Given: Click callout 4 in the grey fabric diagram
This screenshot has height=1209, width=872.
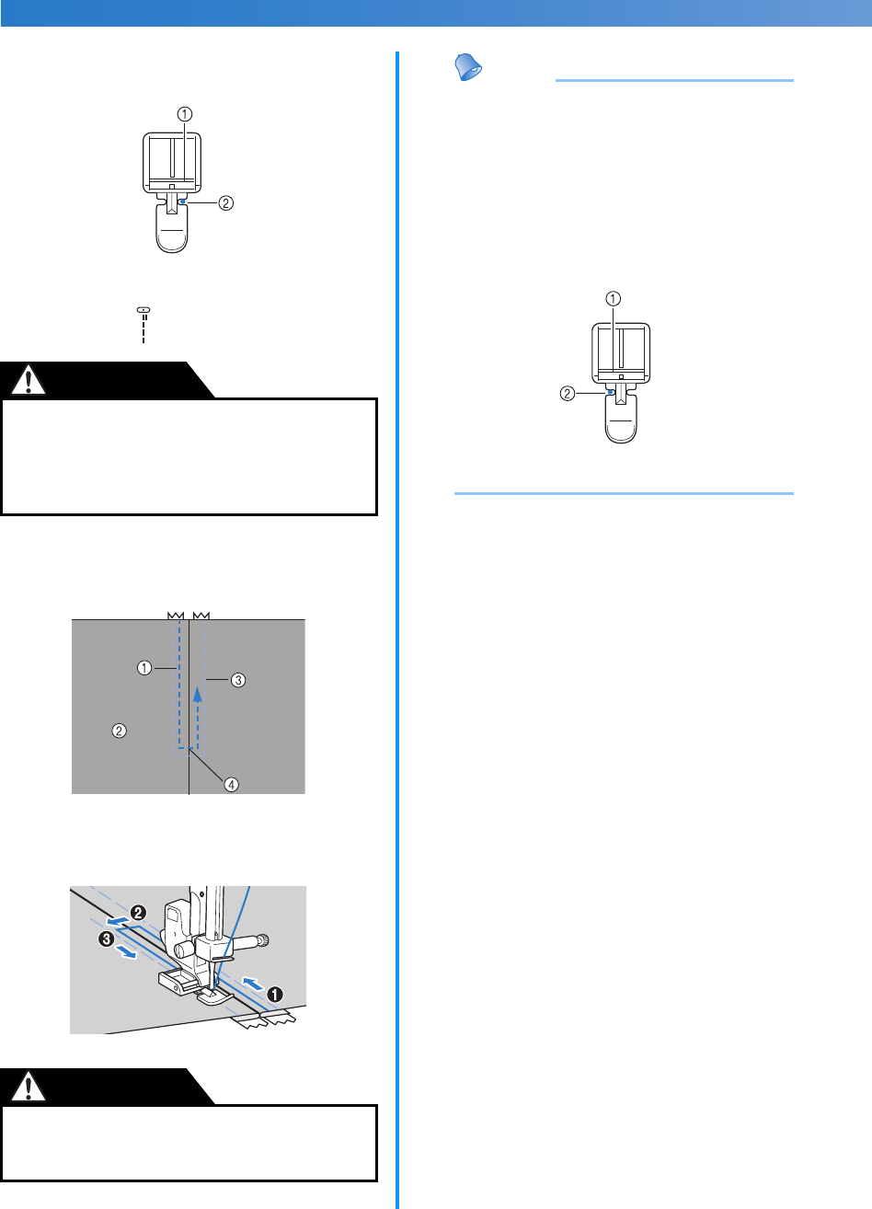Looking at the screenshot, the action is coord(233,784).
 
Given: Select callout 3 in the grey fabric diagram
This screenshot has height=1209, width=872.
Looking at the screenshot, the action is coord(237,680).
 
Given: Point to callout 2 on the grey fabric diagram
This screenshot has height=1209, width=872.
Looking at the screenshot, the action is coord(119,731).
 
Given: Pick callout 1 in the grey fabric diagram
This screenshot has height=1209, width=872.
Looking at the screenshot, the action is coord(144,668).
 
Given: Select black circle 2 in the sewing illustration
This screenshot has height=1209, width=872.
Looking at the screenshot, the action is coord(138,912).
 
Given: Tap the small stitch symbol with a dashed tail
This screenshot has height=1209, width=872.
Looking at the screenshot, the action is coord(143,326).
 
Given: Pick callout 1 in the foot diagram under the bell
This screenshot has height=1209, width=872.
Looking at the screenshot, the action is coord(613,298).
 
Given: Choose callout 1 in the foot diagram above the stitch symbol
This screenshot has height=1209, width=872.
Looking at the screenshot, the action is coord(185,115).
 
